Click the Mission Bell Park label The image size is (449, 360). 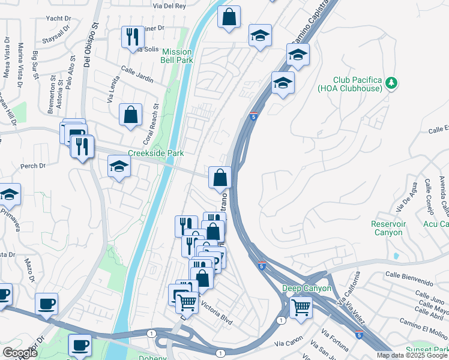(x=176, y=56)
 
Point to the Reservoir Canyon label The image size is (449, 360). (x=387, y=228)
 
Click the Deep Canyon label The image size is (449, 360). (x=307, y=289)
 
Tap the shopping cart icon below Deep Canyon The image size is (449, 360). (x=301, y=308)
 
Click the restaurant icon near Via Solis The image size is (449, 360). (x=132, y=37)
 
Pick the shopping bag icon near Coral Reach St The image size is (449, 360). (x=130, y=115)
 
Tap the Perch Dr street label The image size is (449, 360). (x=33, y=166)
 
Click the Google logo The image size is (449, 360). (x=19, y=353)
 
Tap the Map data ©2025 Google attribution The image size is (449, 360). (x=412, y=355)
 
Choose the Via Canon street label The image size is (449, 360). (x=288, y=344)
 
